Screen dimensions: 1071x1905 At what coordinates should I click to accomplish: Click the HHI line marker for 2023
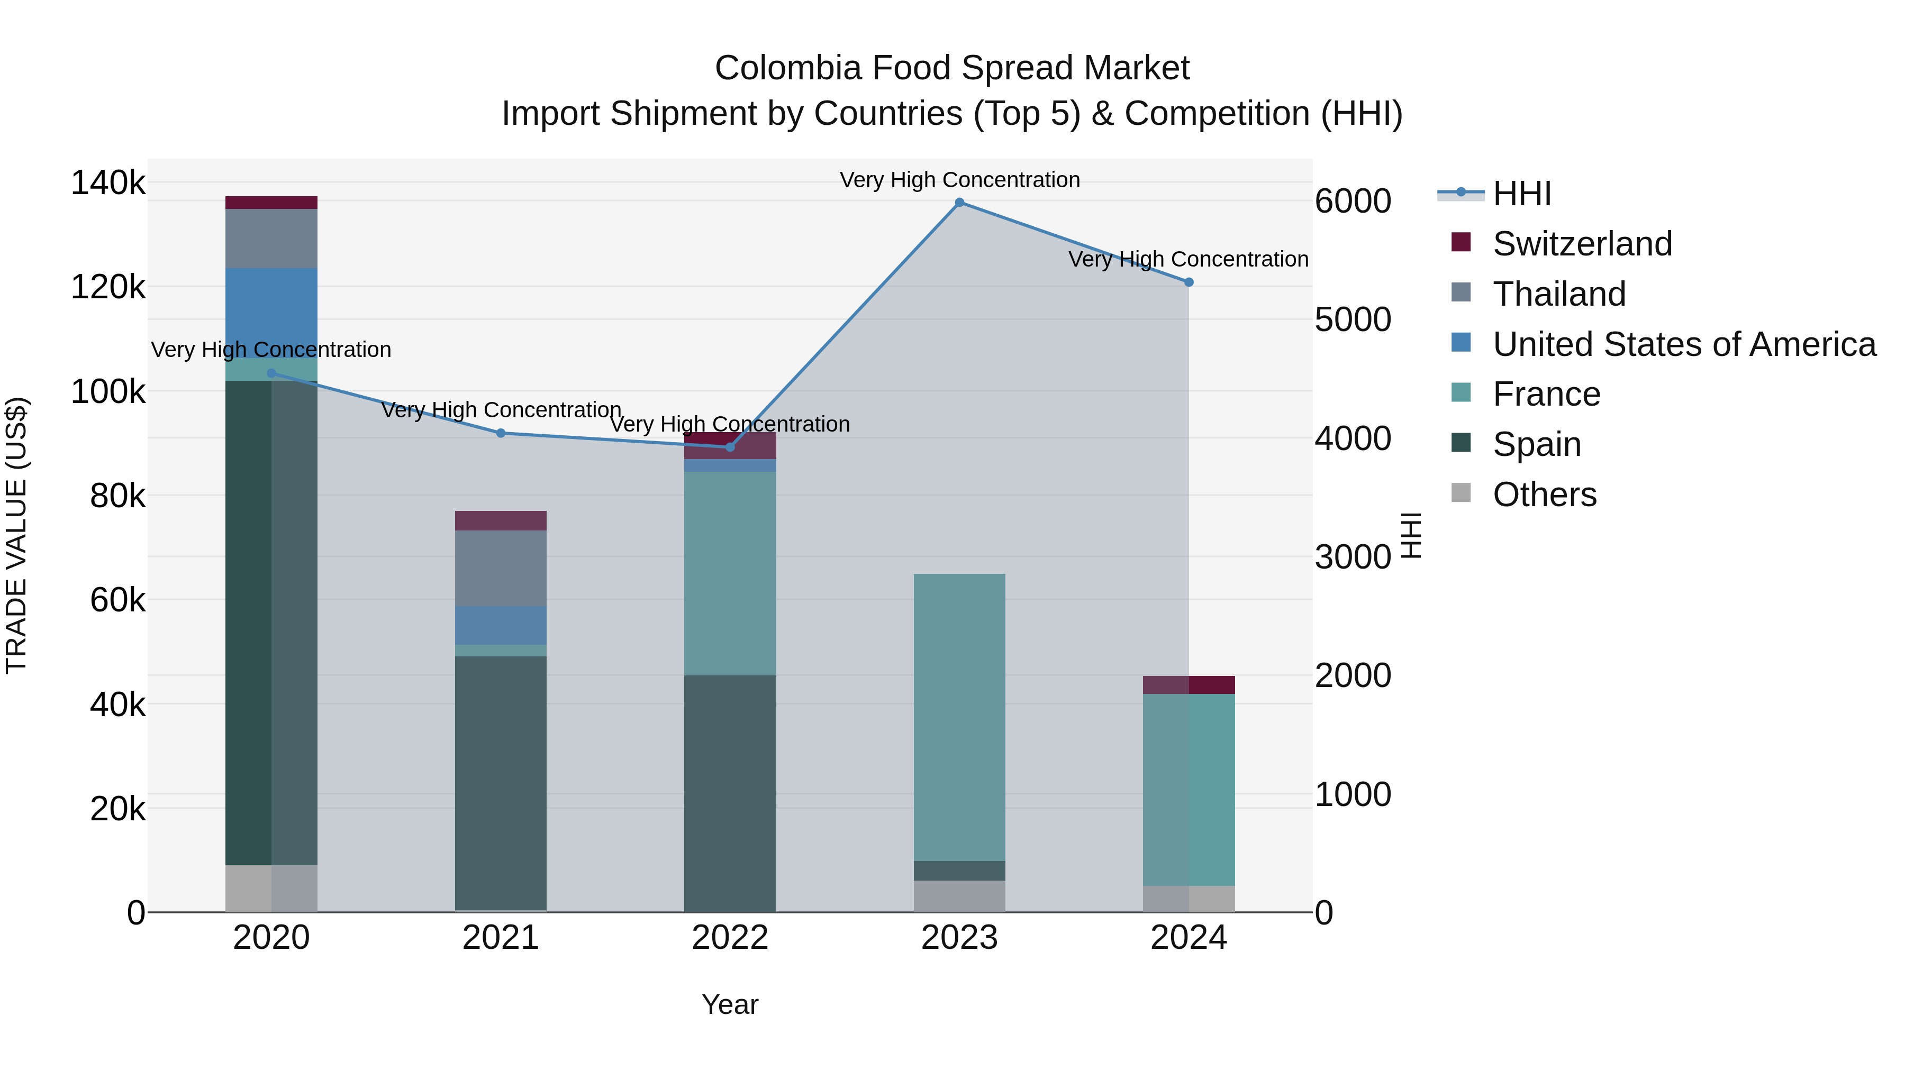(x=959, y=203)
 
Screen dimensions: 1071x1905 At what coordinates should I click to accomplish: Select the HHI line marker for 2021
(x=501, y=433)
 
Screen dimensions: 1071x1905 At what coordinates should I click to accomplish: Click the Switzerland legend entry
(x=1582, y=244)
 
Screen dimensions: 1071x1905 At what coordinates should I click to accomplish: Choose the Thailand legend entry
(x=1559, y=294)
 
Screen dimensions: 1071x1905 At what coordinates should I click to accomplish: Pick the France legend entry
(x=1546, y=394)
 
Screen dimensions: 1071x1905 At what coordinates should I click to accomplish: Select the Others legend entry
(x=1544, y=495)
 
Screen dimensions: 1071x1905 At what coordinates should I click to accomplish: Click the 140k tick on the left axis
(x=108, y=182)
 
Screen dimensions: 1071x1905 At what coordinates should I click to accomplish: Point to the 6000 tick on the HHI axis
(x=1353, y=201)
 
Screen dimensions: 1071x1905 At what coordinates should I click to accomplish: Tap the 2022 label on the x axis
(x=730, y=938)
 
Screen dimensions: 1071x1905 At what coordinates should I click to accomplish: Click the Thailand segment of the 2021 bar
(x=501, y=569)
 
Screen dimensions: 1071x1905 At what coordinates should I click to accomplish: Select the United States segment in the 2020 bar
(x=271, y=313)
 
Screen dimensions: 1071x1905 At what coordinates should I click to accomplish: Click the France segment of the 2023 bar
(x=959, y=717)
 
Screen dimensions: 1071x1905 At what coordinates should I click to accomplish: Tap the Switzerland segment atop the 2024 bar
(x=1189, y=684)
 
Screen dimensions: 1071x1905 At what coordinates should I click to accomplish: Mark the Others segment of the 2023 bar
(x=959, y=896)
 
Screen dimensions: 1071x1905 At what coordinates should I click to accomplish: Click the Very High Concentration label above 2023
(x=959, y=180)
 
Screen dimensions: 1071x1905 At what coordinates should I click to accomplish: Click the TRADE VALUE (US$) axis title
(x=16, y=535)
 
